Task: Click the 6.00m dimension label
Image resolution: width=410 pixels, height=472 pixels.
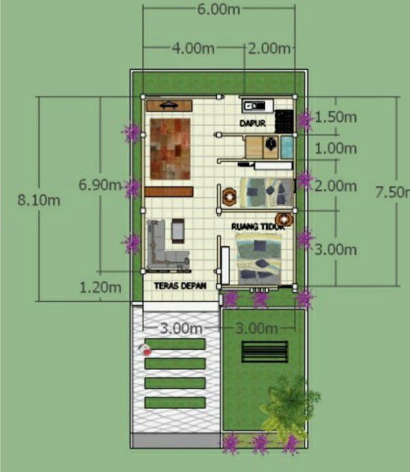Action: point(219,9)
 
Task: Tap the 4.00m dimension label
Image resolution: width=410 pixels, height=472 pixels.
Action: point(193,48)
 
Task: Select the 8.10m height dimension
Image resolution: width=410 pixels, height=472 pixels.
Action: point(39,200)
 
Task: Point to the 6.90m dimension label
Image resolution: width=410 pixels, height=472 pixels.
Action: point(100,185)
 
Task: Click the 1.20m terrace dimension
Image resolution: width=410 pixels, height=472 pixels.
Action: point(101,287)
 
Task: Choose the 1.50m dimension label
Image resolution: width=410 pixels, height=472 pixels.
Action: point(336,117)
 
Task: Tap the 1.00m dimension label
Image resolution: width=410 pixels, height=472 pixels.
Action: point(336,148)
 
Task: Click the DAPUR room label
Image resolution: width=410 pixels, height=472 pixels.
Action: point(253,123)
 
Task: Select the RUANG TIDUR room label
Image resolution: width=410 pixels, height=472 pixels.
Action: point(257,226)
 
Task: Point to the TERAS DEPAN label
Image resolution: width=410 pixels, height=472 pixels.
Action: point(180,286)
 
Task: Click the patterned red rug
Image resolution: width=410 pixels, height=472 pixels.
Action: point(170,148)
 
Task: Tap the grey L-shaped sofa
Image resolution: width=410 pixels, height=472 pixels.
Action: point(166,246)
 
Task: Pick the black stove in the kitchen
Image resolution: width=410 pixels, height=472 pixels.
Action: point(284,121)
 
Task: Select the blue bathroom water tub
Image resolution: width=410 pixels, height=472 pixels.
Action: point(287,147)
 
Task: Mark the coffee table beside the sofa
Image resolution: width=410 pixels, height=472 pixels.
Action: point(178,231)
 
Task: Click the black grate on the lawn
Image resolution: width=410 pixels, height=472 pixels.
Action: point(265,352)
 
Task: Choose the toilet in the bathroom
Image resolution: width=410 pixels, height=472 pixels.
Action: point(271,143)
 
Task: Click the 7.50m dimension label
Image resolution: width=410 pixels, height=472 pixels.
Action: point(393,192)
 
